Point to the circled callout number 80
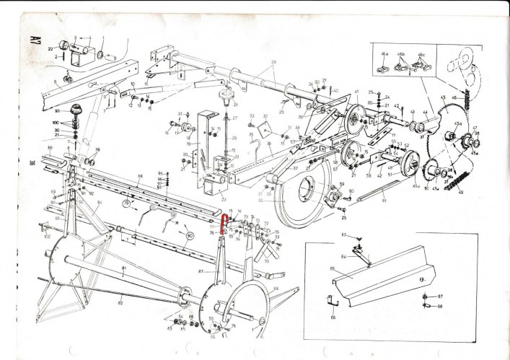click(x=190, y=234)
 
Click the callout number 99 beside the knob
click(x=56, y=112)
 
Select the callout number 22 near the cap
click(x=50, y=48)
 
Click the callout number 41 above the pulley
click(x=356, y=92)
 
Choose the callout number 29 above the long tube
click(x=274, y=63)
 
